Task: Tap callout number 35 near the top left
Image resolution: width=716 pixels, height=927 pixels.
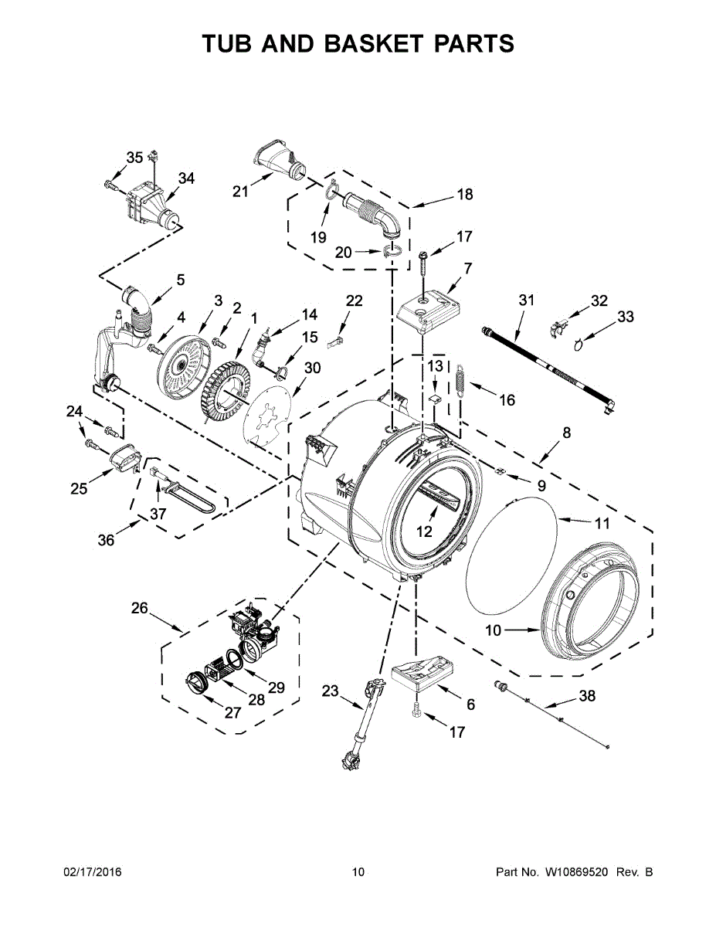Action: pyautogui.click(x=134, y=158)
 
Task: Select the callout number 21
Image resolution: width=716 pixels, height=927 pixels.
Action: pyautogui.click(x=241, y=191)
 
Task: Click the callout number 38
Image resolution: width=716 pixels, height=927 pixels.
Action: pyautogui.click(x=587, y=696)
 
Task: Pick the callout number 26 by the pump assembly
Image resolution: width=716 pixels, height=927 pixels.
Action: pyautogui.click(x=139, y=608)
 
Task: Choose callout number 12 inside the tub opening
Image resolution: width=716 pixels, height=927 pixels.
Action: pyautogui.click(x=424, y=531)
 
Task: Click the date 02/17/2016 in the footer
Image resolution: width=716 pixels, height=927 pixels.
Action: pyautogui.click(x=92, y=872)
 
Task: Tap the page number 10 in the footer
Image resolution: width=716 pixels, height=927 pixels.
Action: pyautogui.click(x=358, y=872)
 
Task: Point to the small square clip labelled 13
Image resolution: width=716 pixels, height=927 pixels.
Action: pyautogui.click(x=435, y=399)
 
